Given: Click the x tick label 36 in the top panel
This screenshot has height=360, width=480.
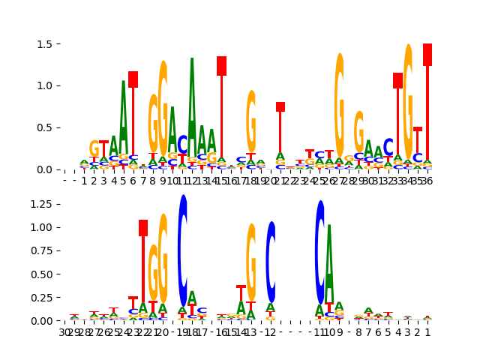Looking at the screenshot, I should click(427, 181).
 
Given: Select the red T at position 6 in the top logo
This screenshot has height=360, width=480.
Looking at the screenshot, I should click(133, 79).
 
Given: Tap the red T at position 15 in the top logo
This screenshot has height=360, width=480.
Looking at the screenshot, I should click(221, 66).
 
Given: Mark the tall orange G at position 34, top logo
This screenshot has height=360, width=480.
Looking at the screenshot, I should click(408, 97).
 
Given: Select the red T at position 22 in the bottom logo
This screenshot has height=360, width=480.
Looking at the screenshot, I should click(143, 228).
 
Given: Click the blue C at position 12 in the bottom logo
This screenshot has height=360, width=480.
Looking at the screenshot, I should click(271, 261).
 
